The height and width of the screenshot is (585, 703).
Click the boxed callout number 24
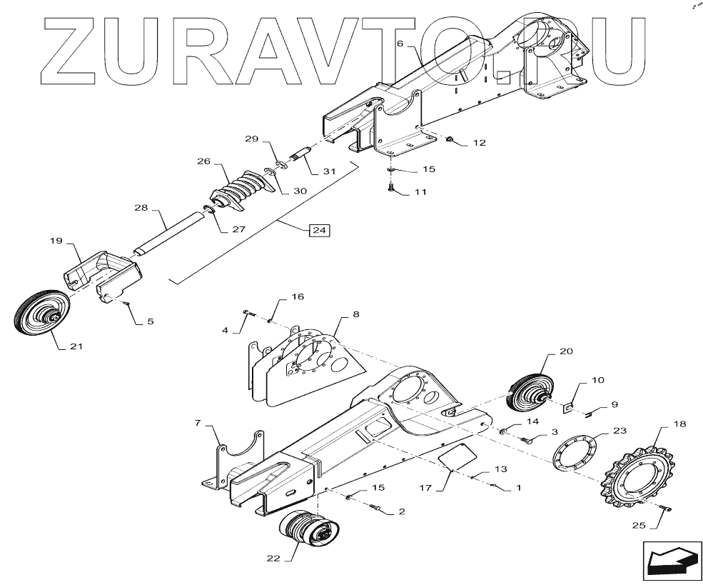319,231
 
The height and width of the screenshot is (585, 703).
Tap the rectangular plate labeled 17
457,456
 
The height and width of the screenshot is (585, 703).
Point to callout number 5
150,321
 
